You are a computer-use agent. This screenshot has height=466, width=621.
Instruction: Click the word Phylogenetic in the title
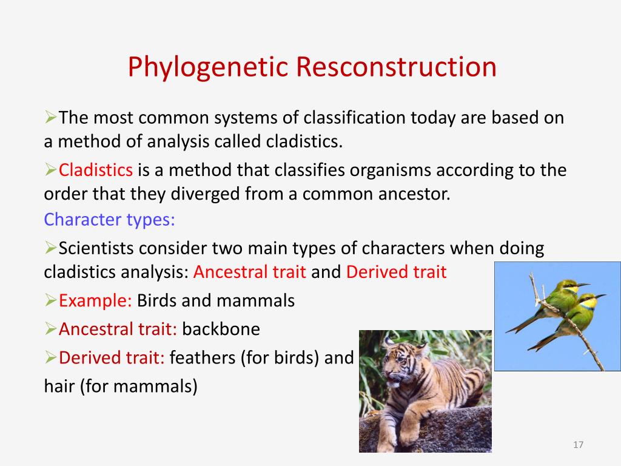pos(207,67)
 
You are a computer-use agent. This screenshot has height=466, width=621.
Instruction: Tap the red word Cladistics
pos(95,170)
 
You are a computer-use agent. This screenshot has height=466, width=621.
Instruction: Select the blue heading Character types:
pos(109,220)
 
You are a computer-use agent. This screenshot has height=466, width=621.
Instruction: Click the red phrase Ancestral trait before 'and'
pos(249,272)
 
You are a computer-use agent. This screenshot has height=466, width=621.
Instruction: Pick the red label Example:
pos(95,301)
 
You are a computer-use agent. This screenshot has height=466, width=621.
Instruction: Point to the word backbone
pos(221,329)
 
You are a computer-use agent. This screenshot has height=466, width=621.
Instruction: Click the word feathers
pos(203,357)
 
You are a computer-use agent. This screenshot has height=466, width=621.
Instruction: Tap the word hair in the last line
pos(59,386)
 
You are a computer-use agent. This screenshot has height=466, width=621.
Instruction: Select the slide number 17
pos(578,445)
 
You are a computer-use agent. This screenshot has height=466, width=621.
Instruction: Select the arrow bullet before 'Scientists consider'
pos(50,248)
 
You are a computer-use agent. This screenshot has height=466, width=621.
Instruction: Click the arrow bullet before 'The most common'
pos(50,117)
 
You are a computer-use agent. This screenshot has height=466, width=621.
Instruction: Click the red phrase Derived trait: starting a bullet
pos(112,357)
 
